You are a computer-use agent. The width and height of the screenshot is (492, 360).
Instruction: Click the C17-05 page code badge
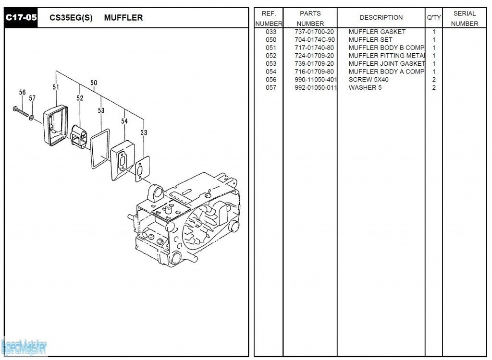(x=20, y=18)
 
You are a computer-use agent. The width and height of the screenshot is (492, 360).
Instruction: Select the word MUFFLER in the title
(x=123, y=18)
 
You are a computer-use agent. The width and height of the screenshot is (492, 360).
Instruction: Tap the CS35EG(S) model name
(x=71, y=18)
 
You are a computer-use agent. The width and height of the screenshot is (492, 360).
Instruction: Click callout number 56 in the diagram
(x=22, y=93)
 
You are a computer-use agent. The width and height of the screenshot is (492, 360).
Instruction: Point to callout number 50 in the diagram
(x=94, y=83)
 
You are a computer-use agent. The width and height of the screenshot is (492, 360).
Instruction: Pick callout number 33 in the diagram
(x=144, y=132)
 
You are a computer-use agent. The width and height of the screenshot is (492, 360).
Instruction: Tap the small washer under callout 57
(x=32, y=117)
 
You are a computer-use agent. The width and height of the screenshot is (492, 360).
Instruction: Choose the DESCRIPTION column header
(x=381, y=18)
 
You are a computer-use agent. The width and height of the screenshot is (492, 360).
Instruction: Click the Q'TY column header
(x=434, y=18)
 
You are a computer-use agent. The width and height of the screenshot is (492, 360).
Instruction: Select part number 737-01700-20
(x=314, y=32)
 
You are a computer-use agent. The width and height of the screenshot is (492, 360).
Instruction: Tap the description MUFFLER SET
(x=370, y=40)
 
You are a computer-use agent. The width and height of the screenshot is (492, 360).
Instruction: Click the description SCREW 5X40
(x=369, y=80)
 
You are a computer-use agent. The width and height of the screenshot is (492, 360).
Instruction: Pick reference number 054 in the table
(x=271, y=72)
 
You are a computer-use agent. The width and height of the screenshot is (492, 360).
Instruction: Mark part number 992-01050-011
(x=316, y=88)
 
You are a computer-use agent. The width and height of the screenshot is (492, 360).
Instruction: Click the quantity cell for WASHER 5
(x=434, y=88)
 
